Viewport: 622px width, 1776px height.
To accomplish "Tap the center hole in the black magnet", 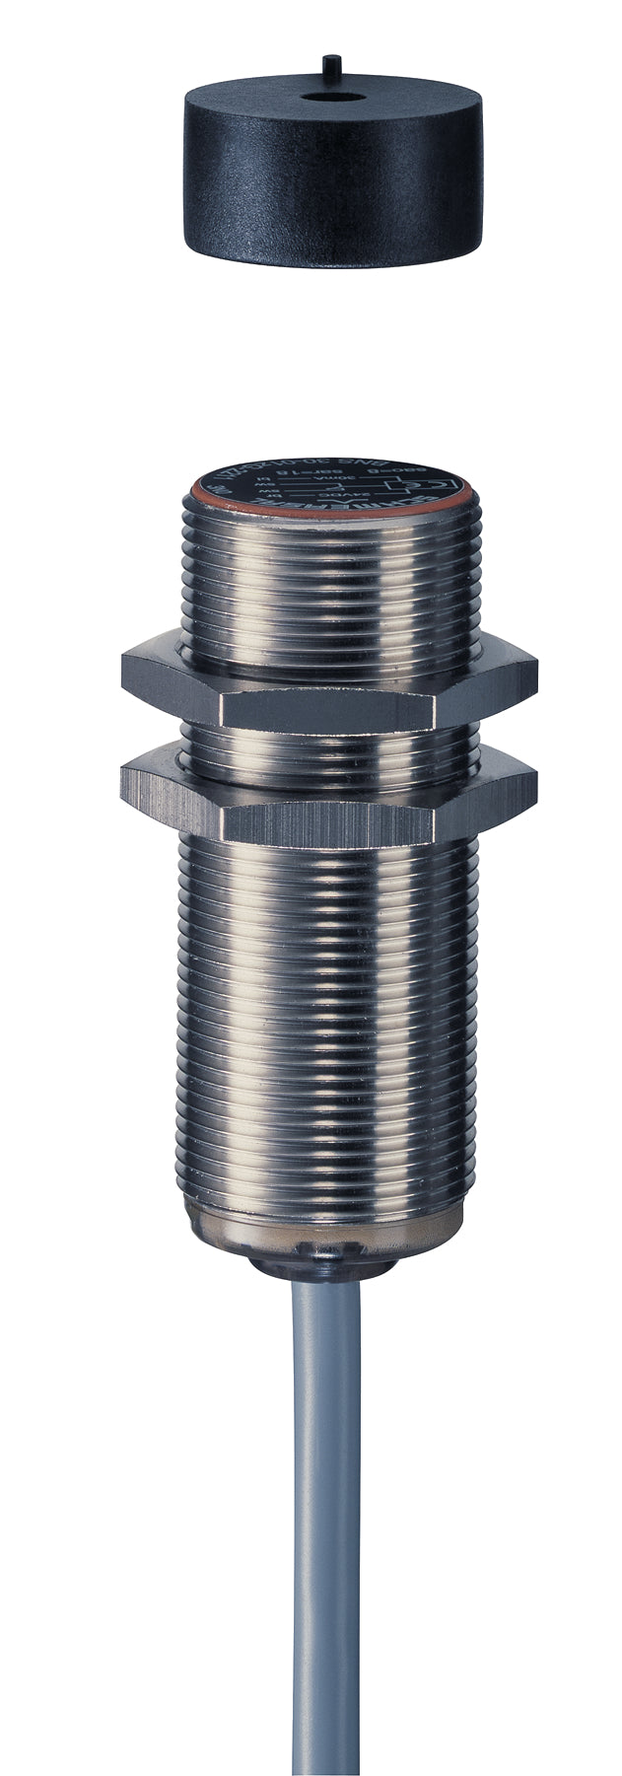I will [329, 97].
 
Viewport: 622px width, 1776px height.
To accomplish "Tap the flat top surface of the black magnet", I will [256, 99].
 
